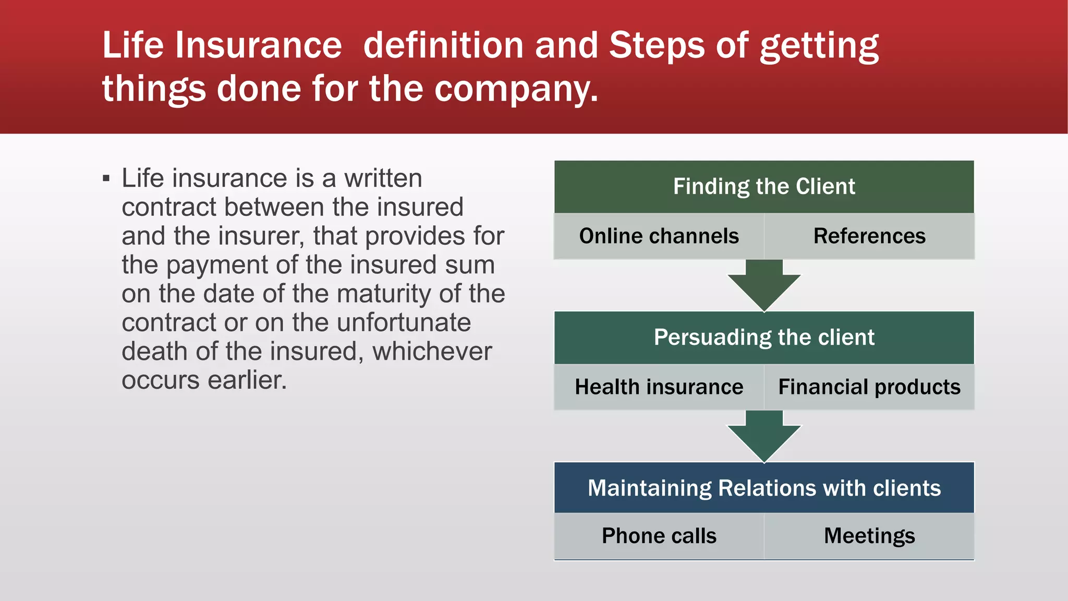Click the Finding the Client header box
(x=764, y=187)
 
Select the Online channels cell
(x=659, y=236)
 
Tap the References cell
(x=869, y=236)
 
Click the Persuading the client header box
(x=764, y=338)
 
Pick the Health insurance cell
(x=659, y=387)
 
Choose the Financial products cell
(x=869, y=387)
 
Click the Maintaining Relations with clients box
(x=764, y=488)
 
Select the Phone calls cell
(x=659, y=536)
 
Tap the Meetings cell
(x=869, y=536)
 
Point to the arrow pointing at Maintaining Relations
(x=764, y=436)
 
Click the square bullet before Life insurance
(x=106, y=179)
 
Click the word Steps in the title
(x=657, y=45)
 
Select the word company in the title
(x=516, y=89)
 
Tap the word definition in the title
(x=443, y=45)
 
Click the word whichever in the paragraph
(x=432, y=351)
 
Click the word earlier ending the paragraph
(x=247, y=380)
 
